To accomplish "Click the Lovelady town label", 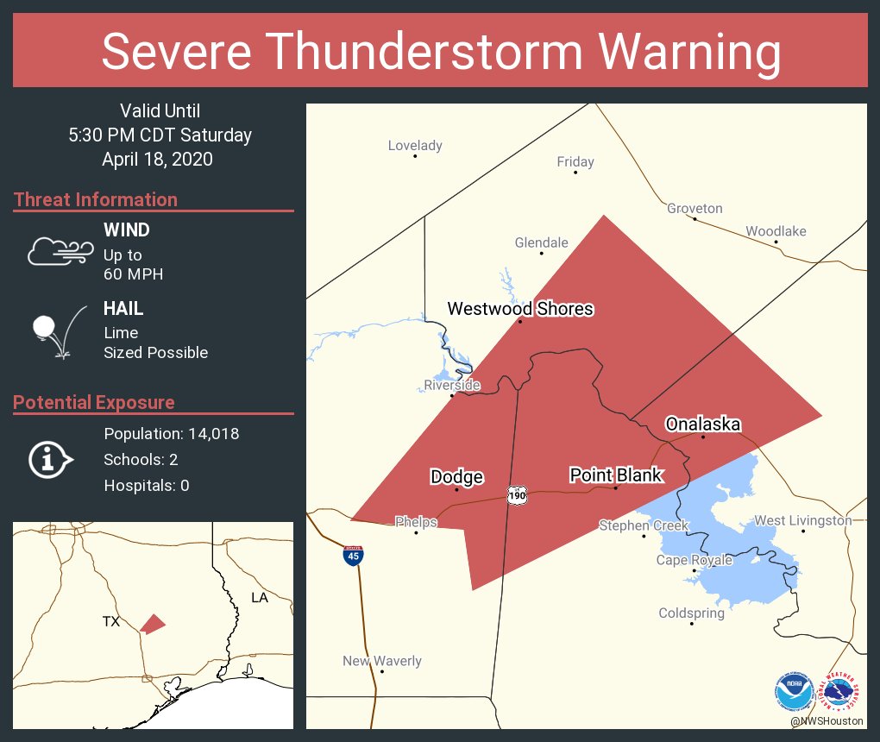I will [415, 146].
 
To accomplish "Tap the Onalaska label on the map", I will [703, 424].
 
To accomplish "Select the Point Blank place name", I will [616, 475].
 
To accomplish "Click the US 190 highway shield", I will [517, 497].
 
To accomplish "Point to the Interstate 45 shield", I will [353, 556].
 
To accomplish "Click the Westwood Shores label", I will [520, 309].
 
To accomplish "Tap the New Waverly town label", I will [382, 661].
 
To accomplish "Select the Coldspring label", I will [691, 613].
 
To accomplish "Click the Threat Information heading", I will [96, 200].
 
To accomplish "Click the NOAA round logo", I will [793, 692].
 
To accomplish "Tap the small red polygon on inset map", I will [152, 624].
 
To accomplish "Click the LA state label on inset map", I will [259, 598].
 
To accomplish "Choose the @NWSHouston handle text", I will [827, 720].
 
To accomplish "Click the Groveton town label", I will [695, 209].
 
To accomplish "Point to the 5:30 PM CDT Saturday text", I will [160, 135].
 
